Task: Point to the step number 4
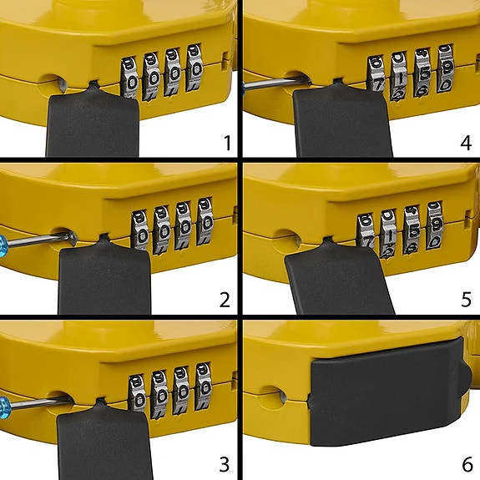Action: click(466, 143)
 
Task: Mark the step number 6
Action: click(466, 461)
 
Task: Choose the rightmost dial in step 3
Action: click(203, 387)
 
